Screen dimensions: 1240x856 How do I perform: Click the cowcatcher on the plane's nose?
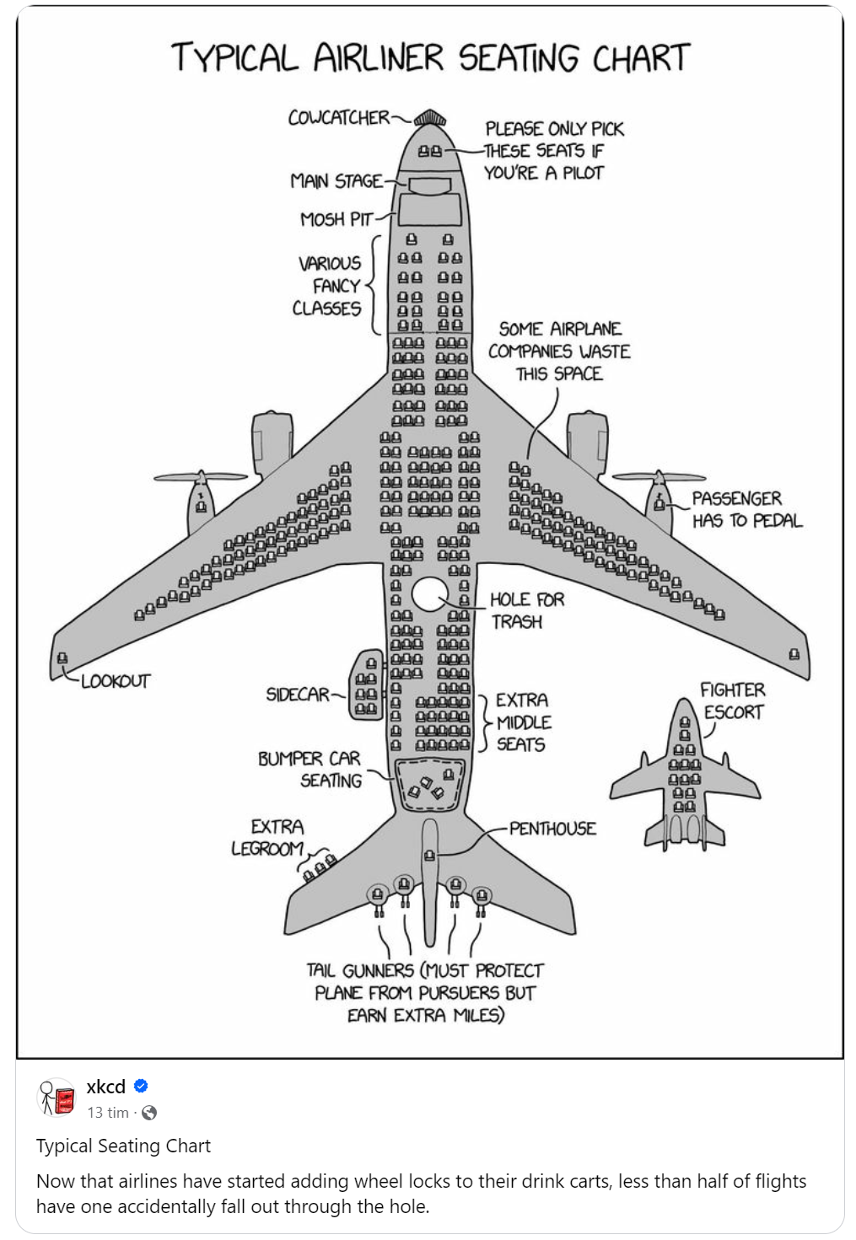(x=430, y=117)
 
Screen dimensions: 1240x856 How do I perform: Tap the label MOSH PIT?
(x=336, y=220)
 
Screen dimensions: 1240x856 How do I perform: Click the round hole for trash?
(x=429, y=594)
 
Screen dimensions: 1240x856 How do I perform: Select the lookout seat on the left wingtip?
(x=62, y=658)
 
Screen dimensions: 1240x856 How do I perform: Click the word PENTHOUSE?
(x=552, y=829)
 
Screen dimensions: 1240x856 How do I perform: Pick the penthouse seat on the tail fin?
(x=430, y=856)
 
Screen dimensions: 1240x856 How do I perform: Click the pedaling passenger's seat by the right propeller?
(x=659, y=503)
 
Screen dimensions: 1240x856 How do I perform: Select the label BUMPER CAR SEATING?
(x=310, y=769)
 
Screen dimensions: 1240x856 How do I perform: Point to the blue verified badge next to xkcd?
(x=141, y=1086)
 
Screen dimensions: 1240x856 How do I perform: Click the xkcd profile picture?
(x=58, y=1098)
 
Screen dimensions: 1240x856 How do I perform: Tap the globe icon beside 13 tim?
(x=149, y=1113)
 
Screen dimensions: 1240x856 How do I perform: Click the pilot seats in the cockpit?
(x=430, y=152)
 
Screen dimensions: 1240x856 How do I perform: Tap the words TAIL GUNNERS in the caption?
(x=360, y=971)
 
